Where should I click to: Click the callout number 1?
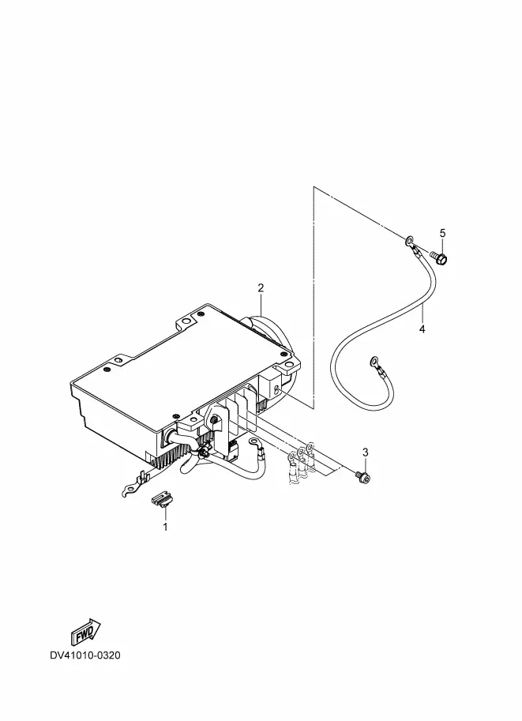[166, 527]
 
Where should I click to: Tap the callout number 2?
[261, 288]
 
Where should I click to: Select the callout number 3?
[366, 453]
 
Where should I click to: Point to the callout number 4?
[422, 329]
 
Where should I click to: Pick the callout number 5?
[442, 233]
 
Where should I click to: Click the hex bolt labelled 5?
[438, 257]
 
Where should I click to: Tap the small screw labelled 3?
[362, 477]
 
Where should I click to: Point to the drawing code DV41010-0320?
[85, 655]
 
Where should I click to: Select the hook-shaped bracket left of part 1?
[133, 485]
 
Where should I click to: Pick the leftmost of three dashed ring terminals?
[291, 457]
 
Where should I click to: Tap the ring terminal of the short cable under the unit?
[253, 442]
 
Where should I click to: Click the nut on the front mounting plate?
[214, 421]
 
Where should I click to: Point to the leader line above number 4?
[422, 314]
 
